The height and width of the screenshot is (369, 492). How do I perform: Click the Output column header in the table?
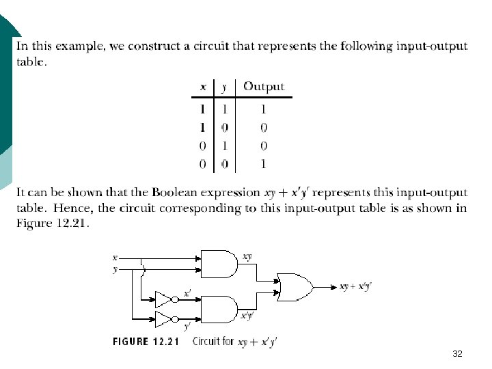click(x=264, y=87)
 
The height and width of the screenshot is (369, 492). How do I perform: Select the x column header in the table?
click(x=203, y=87)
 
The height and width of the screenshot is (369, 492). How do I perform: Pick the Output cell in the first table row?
click(x=264, y=109)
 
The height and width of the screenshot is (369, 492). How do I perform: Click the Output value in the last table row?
click(x=264, y=164)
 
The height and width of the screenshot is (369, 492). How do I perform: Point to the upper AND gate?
click(x=217, y=264)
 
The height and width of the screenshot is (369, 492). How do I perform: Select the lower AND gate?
click(x=217, y=309)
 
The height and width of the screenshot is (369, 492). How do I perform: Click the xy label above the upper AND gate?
click(x=247, y=256)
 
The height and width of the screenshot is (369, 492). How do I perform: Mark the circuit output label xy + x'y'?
click(x=355, y=287)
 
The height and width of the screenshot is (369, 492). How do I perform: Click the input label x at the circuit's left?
click(x=115, y=258)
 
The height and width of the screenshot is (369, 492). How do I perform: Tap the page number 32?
click(x=457, y=354)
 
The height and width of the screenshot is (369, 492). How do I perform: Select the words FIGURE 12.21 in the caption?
click(x=146, y=341)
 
